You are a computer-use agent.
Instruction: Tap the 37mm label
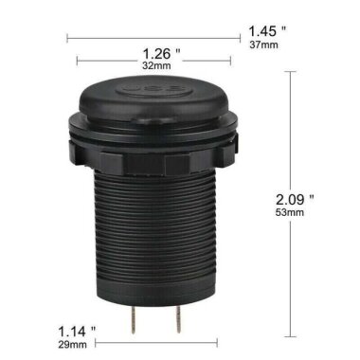tap(264, 45)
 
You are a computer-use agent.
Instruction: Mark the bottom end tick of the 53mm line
tap(292, 335)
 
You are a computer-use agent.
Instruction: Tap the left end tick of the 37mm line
tap(67, 39)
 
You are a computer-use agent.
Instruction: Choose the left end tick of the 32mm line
tap(77, 67)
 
